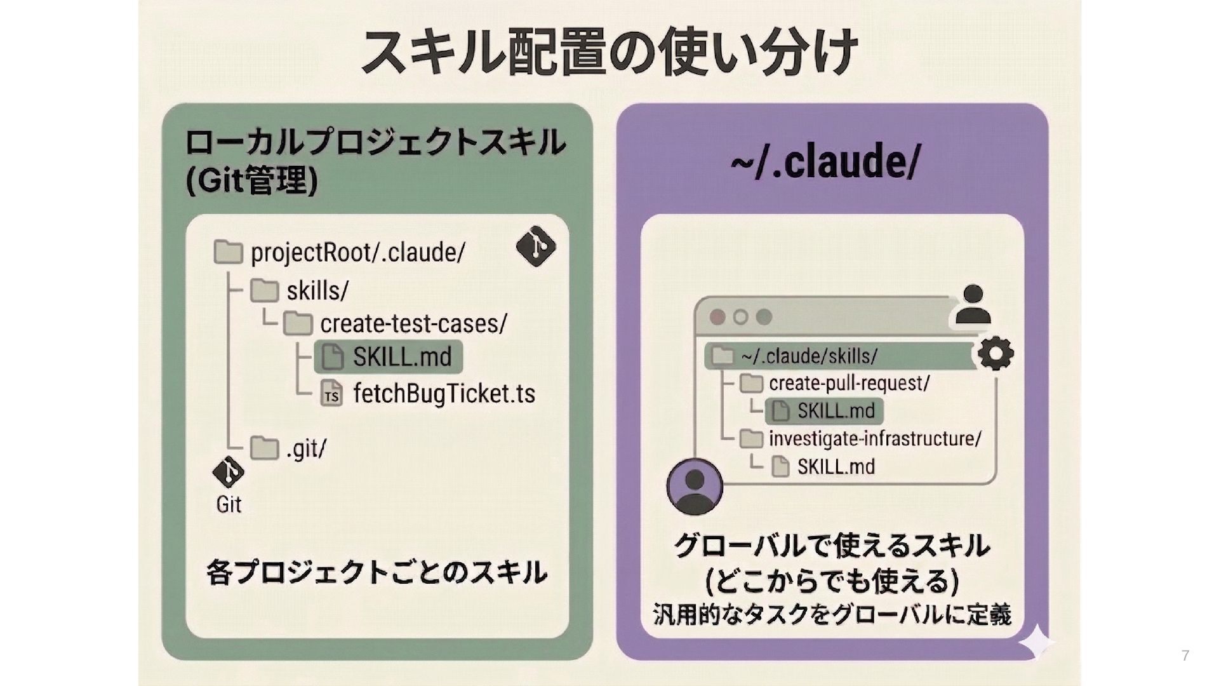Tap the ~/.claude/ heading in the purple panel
pyautogui.click(x=825, y=163)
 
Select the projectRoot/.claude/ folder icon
pyautogui.click(x=228, y=252)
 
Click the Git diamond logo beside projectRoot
pyautogui.click(x=536, y=246)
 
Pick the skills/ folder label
pyautogui.click(x=317, y=291)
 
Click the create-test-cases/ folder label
pyautogui.click(x=413, y=324)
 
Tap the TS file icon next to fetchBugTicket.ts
pyautogui.click(x=331, y=394)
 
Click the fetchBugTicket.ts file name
pyautogui.click(x=444, y=394)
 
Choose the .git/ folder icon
pyautogui.click(x=264, y=448)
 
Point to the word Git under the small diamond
pyautogui.click(x=229, y=504)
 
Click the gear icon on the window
pyautogui.click(x=996, y=353)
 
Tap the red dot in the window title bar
pyautogui.click(x=717, y=317)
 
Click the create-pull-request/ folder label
pyautogui.click(x=849, y=383)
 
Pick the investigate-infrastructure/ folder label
pyautogui.click(x=875, y=439)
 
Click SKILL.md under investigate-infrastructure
pyautogui.click(x=836, y=467)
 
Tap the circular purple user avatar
pyautogui.click(x=695, y=487)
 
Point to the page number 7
pyautogui.click(x=1185, y=656)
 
